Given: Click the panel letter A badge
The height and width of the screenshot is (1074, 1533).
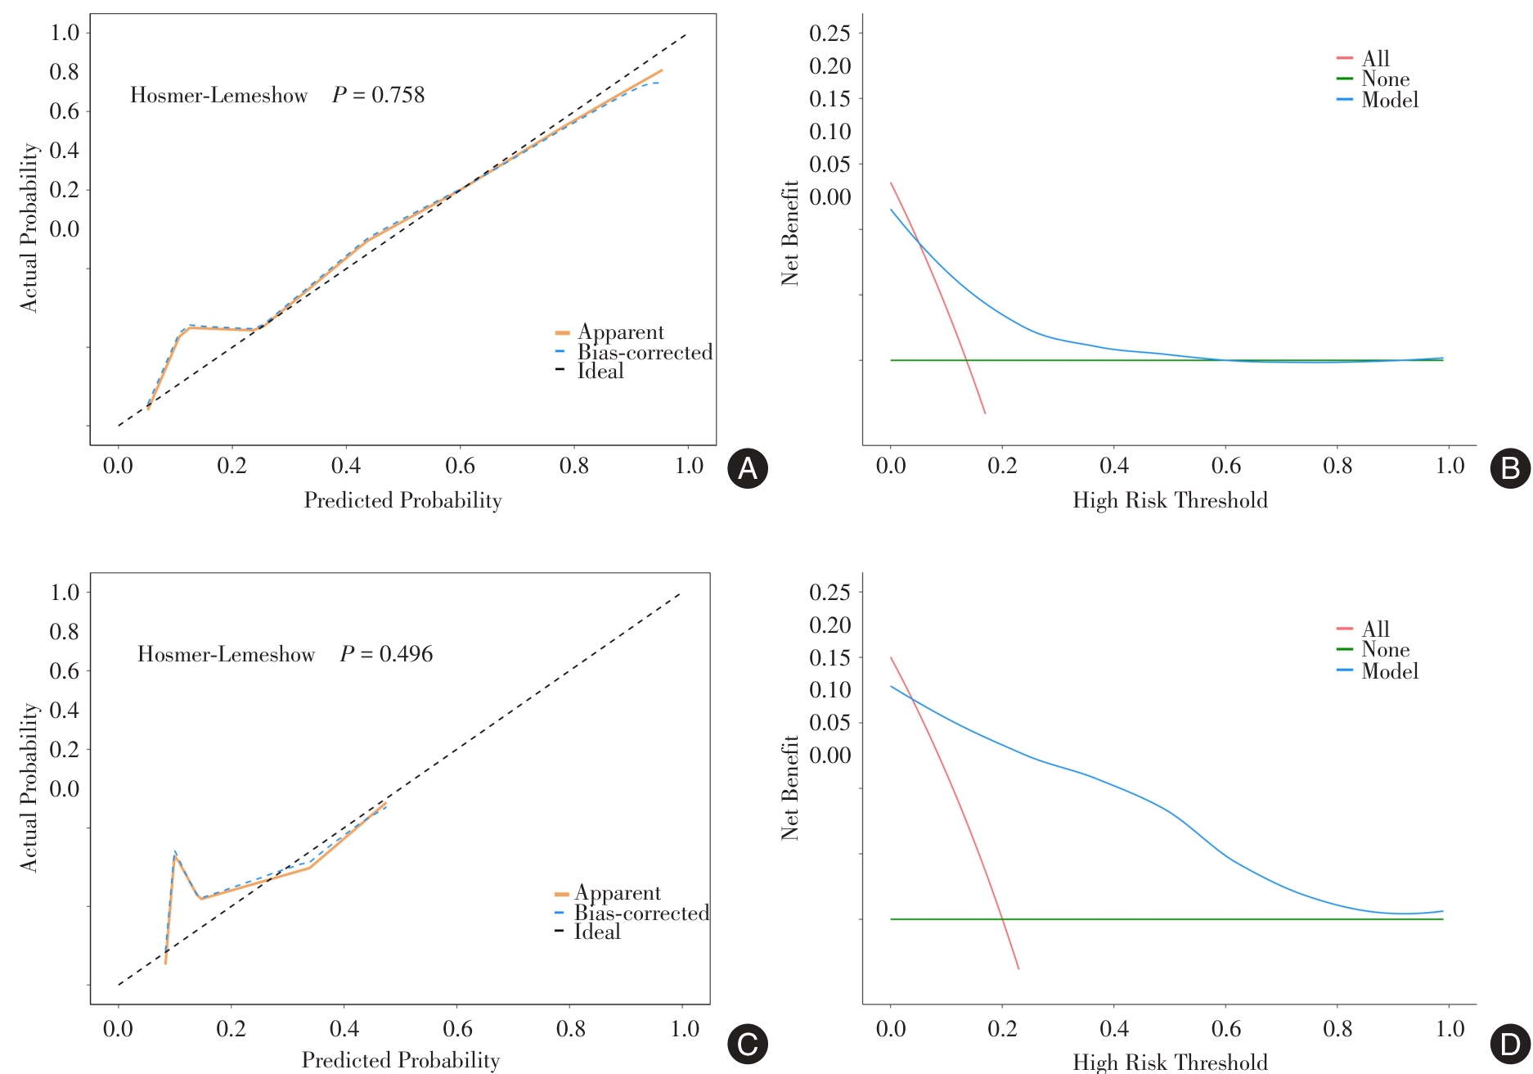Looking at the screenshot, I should point(748,468).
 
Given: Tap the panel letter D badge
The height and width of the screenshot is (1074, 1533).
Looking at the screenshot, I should point(1510,1045).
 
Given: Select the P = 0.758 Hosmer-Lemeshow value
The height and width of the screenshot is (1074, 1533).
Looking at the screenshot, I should point(378,95).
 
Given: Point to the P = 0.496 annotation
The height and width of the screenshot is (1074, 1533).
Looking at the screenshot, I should point(386,654).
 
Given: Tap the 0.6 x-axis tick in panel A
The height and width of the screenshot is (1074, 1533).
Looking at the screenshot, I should point(460,466).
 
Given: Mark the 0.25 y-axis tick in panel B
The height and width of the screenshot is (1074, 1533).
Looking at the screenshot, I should point(829,34).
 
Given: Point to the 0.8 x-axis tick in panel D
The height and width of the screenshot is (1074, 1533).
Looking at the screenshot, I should point(1337,1029).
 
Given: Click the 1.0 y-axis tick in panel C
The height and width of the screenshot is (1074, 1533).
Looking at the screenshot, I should point(65,593).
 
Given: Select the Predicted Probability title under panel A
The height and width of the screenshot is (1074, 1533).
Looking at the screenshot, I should point(402,500).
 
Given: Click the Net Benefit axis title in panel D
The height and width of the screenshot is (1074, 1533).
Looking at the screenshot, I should point(789,787).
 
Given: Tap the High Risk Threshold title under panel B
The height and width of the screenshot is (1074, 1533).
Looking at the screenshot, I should point(1170,500).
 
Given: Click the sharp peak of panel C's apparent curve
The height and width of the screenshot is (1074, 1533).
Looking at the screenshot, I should point(174,856).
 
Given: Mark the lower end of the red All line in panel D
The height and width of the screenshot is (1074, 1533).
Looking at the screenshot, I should point(1018,969).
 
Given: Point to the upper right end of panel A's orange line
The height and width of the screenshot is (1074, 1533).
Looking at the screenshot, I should point(662,70).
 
